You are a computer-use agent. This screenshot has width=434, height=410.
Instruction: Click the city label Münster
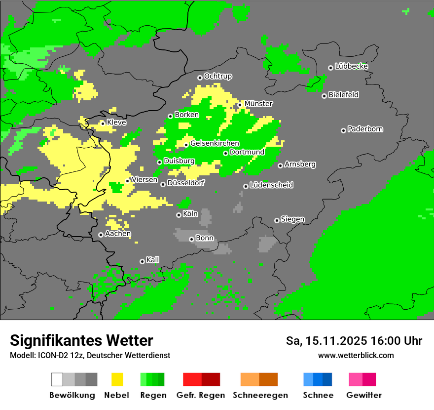[258, 104]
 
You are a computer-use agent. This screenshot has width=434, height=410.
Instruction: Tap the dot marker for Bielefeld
[324, 96]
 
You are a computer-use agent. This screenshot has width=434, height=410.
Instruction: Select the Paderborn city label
[365, 129]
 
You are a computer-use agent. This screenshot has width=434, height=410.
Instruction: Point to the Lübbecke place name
[351, 66]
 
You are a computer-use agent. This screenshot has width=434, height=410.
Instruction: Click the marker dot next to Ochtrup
[200, 78]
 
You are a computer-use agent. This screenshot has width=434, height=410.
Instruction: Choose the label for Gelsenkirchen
[215, 144]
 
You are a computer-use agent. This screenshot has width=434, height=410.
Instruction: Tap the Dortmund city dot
[225, 153]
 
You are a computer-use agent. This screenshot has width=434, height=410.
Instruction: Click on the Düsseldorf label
[185, 183]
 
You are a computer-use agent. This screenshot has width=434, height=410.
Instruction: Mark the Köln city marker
[179, 215]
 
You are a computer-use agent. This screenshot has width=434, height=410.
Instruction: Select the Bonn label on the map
[205, 238]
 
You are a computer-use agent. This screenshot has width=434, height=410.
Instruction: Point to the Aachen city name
[118, 234]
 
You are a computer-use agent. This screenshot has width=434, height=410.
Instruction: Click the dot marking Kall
[142, 261]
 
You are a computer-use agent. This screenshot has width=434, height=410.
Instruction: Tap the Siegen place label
[292, 219]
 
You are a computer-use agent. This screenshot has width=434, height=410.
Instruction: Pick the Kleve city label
[116, 123]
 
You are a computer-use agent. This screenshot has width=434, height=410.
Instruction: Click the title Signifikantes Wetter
[81, 341]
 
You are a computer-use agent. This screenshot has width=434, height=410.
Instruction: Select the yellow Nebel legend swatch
[117, 379]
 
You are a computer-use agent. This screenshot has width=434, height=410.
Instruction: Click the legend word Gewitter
[363, 395]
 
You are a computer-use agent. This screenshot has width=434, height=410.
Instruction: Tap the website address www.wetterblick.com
[356, 356]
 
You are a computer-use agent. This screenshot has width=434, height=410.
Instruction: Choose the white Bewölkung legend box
[57, 379]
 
